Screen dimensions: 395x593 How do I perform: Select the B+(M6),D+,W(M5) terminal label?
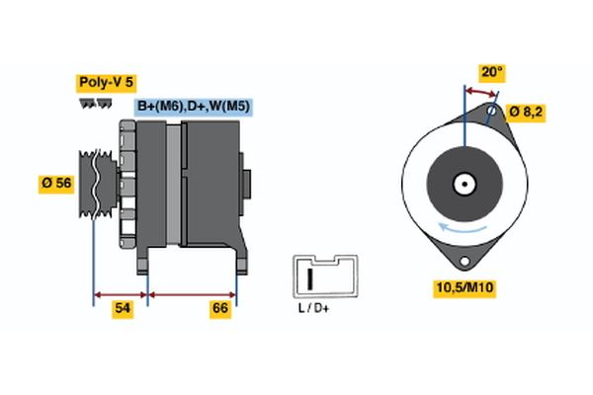191,107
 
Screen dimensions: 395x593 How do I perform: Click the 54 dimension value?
123,309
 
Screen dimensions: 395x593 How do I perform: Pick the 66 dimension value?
220,309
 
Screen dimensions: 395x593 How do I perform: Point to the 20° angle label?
492,72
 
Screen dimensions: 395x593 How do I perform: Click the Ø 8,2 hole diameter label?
525,112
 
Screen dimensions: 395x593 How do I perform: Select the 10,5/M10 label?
466,287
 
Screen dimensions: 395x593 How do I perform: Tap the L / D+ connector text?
312,310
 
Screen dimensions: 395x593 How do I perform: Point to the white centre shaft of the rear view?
463,183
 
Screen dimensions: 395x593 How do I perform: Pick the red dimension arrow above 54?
120,294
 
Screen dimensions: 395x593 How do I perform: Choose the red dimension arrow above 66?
192,294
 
